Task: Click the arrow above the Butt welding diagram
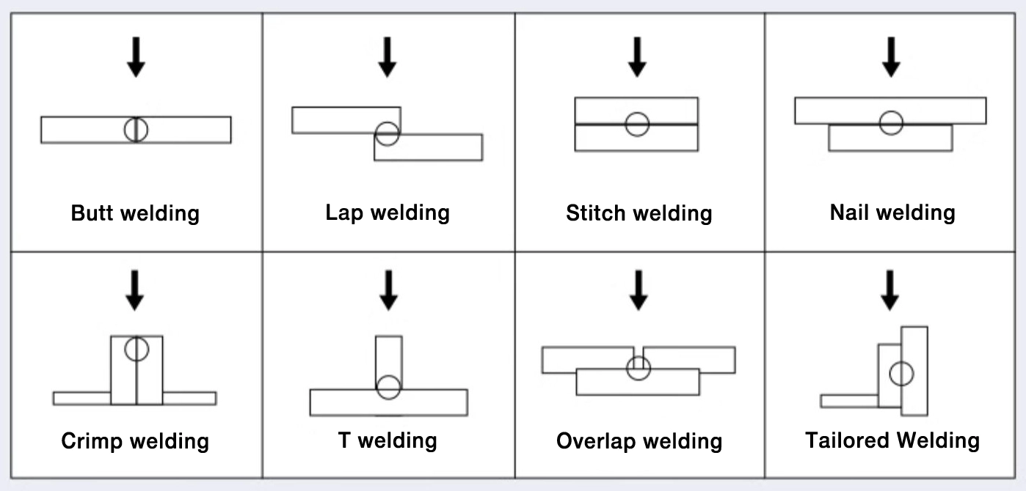coord(136,57)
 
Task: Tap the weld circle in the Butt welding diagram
coord(136,130)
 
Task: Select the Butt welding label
coord(135,213)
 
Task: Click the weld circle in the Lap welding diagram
coord(388,133)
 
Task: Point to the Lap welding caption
coord(388,213)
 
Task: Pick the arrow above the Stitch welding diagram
coord(637,57)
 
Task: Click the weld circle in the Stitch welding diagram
coord(637,124)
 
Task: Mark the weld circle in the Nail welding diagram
coord(891,122)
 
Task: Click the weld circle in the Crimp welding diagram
coord(137,348)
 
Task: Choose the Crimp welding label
coord(135,441)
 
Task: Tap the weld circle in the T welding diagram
coord(388,387)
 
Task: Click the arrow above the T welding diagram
coord(388,290)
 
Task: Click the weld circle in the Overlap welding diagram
coord(638,368)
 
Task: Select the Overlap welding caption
coord(639,441)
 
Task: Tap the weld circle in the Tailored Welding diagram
coord(901,374)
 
